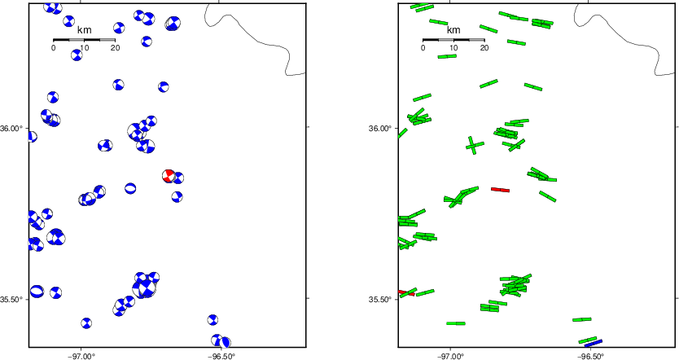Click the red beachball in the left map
(169, 176)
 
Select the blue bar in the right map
(594, 343)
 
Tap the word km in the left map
(84, 30)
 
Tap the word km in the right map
(453, 30)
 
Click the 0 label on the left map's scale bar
(53, 48)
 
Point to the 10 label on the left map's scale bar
(84, 48)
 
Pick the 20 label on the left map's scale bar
(115, 48)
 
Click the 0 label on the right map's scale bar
(423, 48)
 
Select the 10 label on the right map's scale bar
(453, 48)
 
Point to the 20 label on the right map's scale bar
(484, 48)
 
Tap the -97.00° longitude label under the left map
(81, 356)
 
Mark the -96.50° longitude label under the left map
(221, 356)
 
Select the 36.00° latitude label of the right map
(380, 128)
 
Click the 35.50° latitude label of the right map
(380, 300)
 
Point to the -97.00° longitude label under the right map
(451, 356)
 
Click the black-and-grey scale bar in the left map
(84, 39)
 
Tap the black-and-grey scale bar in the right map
(453, 39)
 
